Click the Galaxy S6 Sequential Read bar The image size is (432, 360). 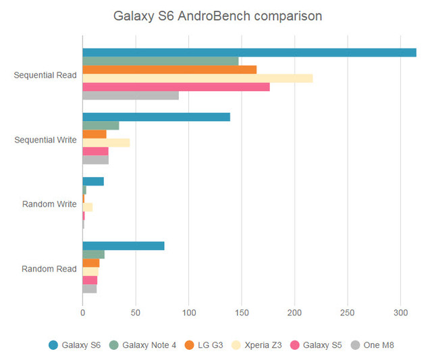[x=249, y=53]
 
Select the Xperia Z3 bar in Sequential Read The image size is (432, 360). [x=197, y=78]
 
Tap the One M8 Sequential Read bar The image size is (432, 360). [x=130, y=95]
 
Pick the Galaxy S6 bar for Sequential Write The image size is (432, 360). [x=156, y=117]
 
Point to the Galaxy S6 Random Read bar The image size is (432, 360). [x=123, y=246]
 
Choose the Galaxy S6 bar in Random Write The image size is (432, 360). [x=93, y=181]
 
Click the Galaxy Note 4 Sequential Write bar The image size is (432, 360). [x=101, y=126]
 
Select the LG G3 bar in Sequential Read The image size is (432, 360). [x=169, y=70]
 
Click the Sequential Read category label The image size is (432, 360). [x=45, y=75]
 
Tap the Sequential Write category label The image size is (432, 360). [x=45, y=140]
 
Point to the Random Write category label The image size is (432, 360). [x=49, y=204]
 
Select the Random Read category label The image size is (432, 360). [x=49, y=269]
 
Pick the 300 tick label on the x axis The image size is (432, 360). [x=400, y=313]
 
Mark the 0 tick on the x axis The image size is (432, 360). [x=82, y=313]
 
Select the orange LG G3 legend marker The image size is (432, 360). [x=188, y=345]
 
